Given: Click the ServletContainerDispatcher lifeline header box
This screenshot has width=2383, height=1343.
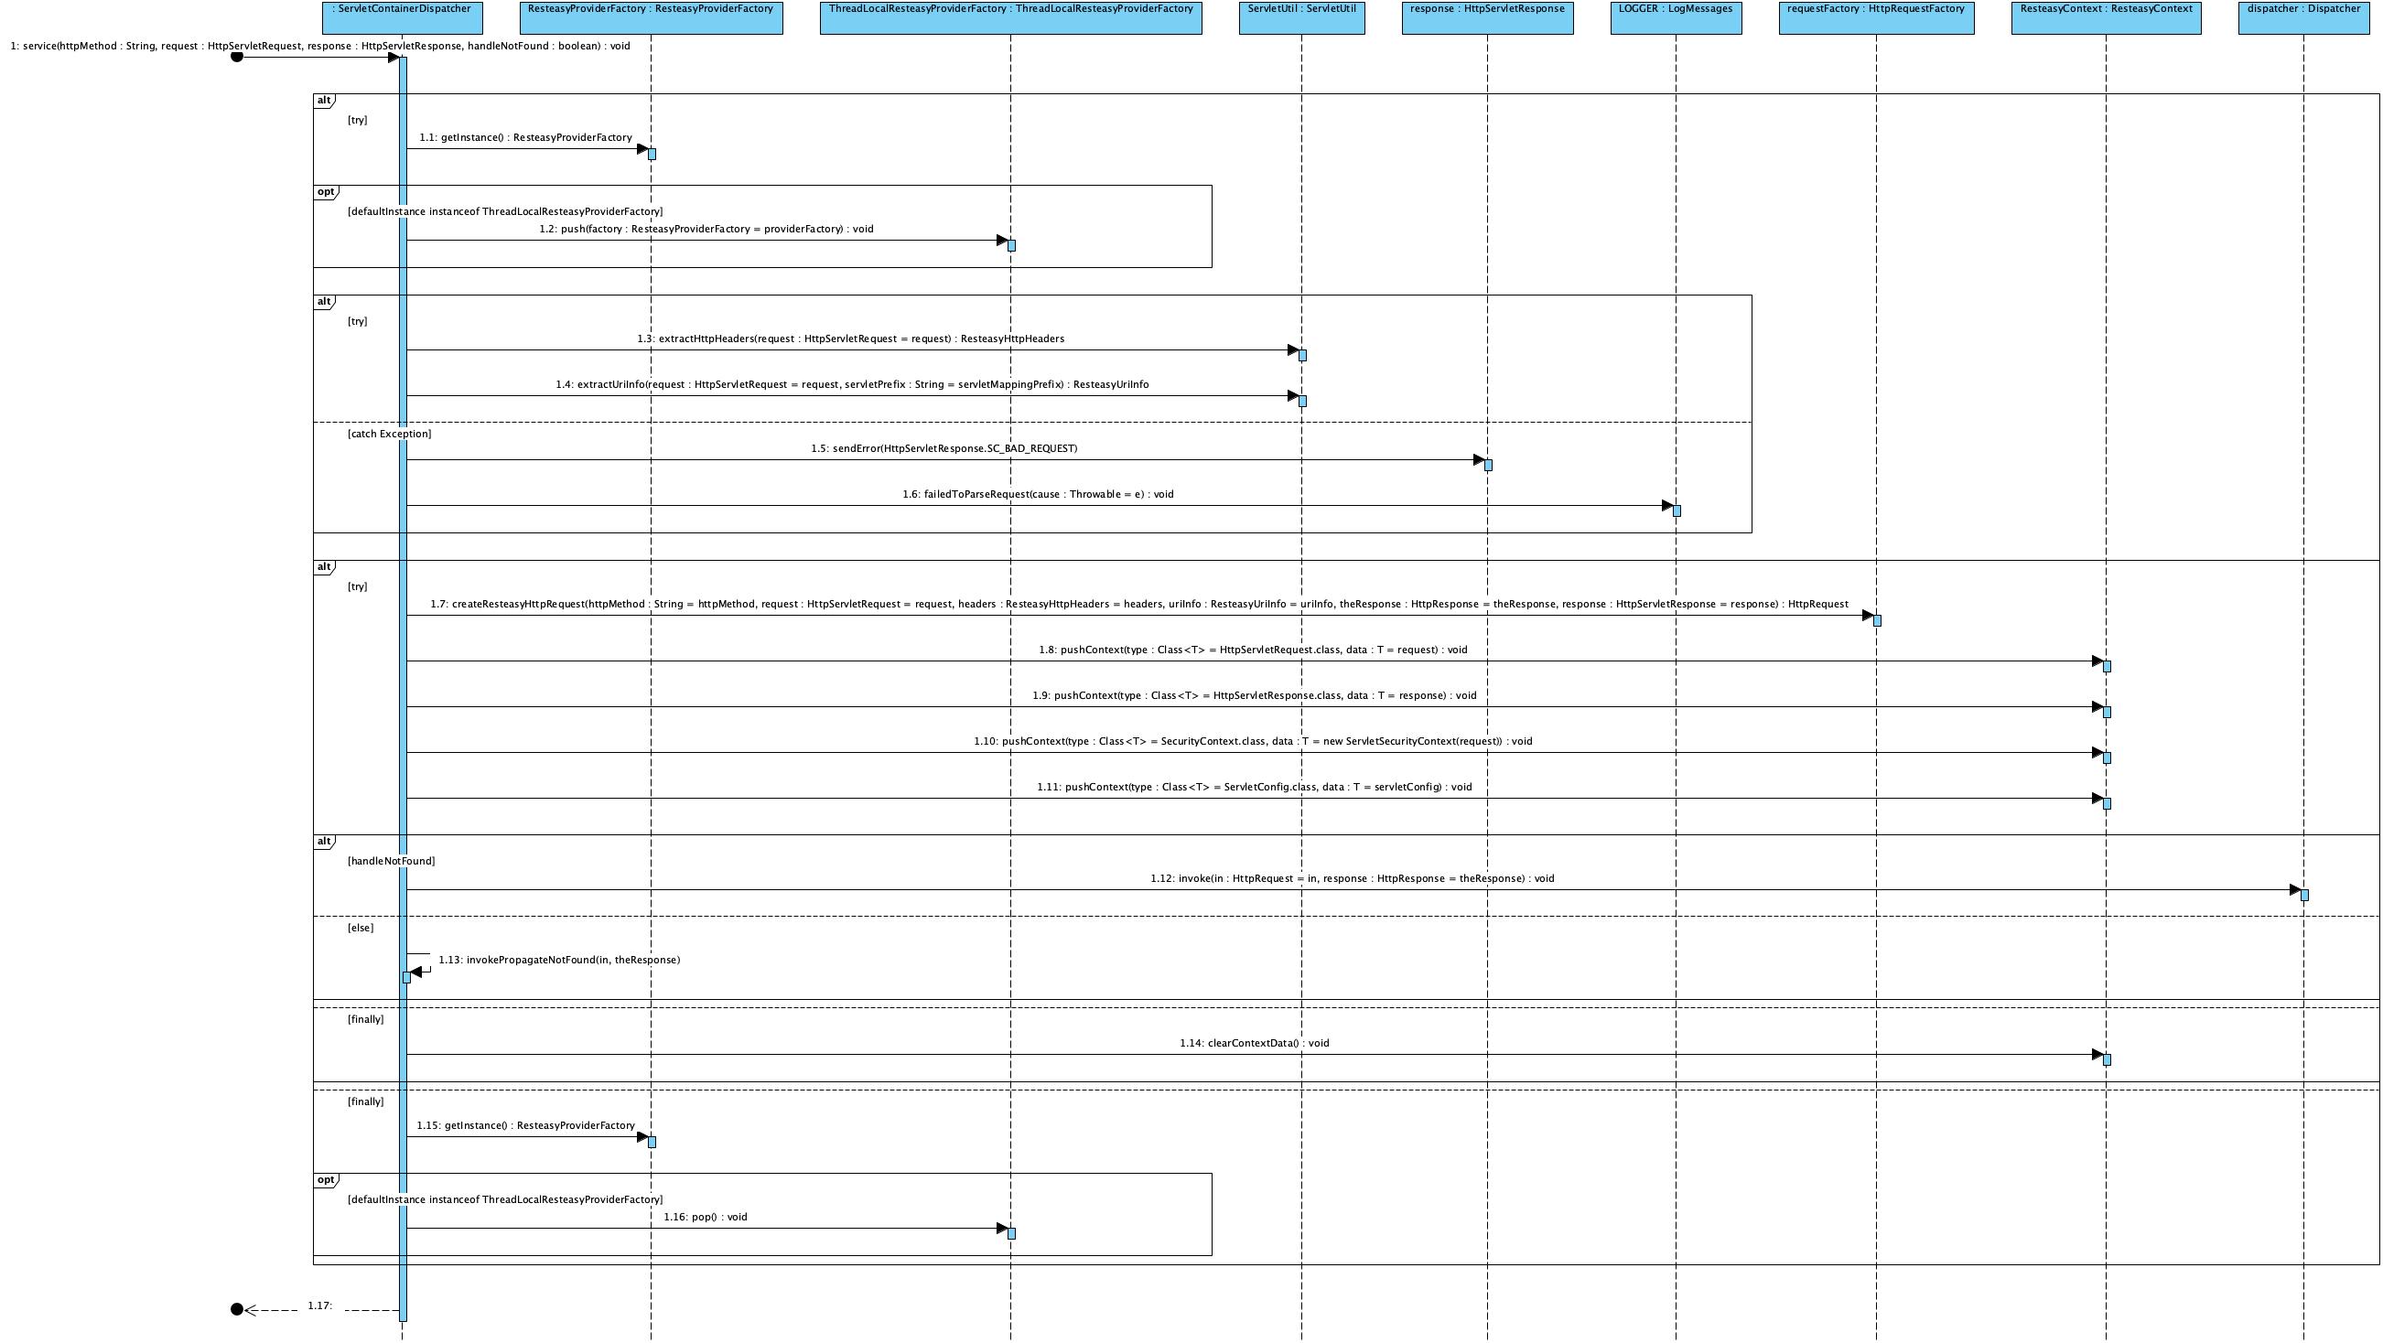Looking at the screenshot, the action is click(402, 17).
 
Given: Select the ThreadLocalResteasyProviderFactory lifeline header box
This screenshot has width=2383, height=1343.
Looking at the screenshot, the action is click(1010, 17).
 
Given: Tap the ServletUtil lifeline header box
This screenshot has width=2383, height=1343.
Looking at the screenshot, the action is click(1301, 17).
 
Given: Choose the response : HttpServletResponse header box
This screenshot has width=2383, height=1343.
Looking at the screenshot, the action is click(1487, 17).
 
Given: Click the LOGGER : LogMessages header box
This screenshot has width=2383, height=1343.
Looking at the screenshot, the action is click(1676, 17).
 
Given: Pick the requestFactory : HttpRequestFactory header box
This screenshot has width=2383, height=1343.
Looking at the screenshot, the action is click(1876, 17).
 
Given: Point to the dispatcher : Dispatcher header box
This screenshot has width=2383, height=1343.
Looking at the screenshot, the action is click(2303, 17).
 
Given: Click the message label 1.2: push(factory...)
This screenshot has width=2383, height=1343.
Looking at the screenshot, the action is click(706, 230).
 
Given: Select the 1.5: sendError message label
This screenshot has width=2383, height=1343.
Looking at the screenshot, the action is click(943, 448).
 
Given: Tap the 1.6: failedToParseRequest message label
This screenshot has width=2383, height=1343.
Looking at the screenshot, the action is click(1037, 495).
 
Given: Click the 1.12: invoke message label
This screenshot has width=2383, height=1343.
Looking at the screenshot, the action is click(1352, 878).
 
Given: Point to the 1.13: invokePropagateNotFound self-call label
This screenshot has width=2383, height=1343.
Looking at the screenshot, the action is click(559, 960).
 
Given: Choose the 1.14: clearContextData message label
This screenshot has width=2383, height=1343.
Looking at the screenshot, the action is click(1254, 1043).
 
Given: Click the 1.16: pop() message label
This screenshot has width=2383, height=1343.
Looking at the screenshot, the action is click(705, 1218).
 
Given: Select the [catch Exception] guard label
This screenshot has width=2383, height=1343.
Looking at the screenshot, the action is click(389, 434).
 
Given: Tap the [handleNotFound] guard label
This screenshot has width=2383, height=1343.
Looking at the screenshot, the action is click(391, 861).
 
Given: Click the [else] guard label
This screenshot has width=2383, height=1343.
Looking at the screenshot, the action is click(360, 928).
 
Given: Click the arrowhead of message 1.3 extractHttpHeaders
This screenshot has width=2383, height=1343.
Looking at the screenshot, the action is click(1293, 350).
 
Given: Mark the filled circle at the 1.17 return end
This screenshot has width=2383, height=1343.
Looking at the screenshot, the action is click(237, 1309).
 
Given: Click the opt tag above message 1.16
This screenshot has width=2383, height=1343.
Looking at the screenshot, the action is click(326, 1180).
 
